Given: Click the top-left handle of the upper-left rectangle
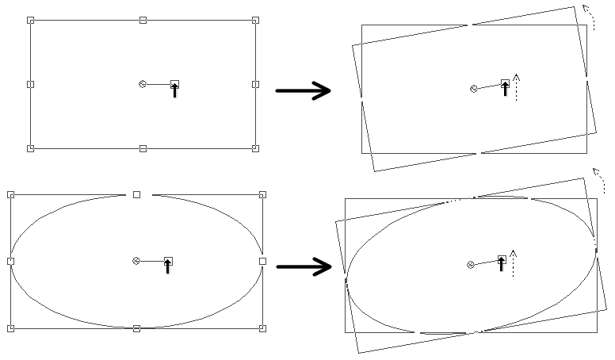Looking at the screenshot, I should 31,20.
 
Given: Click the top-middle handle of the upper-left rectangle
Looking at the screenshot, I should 143,20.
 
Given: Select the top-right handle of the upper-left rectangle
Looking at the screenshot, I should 255,20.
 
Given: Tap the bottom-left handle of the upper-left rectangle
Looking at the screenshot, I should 31,148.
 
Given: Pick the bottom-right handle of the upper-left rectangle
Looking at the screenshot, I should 255,148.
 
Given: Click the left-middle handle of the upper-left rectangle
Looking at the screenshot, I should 31,84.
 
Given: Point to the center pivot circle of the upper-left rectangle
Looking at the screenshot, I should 143,84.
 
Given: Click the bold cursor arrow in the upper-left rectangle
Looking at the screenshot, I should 175,90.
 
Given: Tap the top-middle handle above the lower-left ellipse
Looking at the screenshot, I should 136,194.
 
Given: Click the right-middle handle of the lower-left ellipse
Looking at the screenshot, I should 262,261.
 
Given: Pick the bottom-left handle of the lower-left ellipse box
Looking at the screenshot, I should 10,328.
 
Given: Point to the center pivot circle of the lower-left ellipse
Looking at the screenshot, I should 136,261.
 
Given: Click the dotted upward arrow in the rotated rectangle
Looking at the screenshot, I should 516,87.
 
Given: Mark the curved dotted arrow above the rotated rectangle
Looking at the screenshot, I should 588,16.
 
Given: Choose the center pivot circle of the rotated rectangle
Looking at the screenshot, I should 473,89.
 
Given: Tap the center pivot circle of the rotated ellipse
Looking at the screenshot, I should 470,265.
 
